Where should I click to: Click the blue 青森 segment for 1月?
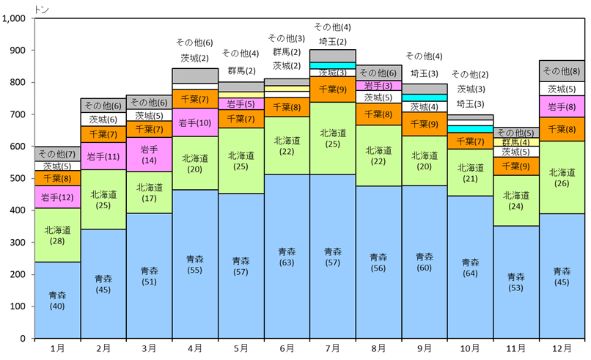56,300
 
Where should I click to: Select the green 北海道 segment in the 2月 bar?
103,199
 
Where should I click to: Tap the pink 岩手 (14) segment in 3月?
149,155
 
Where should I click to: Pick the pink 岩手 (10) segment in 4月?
195,122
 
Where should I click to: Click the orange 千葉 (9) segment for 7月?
333,89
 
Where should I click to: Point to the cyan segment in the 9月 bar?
425,98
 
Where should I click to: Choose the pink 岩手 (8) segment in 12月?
562,106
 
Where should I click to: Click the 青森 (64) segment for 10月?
470,267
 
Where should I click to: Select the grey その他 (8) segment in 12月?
562,71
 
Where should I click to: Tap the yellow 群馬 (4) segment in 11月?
516,142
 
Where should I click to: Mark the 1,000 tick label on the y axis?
15,18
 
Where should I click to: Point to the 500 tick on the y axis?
20,179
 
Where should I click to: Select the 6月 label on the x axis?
287,348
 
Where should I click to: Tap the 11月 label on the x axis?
515,348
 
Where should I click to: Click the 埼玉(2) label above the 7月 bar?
332,41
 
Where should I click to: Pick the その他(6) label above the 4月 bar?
195,43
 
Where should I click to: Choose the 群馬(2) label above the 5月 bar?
241,70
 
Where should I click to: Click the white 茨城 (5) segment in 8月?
378,98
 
